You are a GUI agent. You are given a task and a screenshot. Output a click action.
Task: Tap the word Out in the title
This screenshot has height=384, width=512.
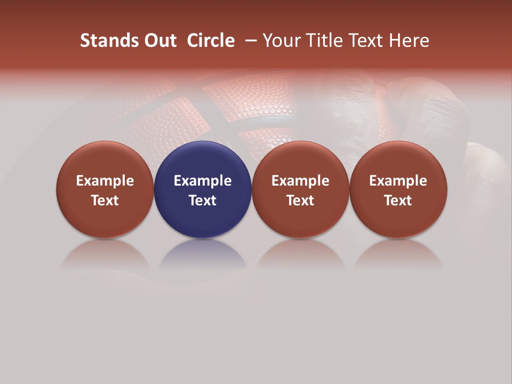(159, 41)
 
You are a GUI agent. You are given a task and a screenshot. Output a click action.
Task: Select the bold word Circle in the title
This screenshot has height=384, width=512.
(211, 41)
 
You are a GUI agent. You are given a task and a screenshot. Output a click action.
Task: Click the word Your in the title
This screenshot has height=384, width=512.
(281, 41)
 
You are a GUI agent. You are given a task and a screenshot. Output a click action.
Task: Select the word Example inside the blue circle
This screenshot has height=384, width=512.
(203, 181)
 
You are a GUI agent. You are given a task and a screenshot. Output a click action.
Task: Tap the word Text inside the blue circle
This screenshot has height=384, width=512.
(203, 201)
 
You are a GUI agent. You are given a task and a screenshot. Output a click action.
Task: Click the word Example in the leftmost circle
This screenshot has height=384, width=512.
(105, 181)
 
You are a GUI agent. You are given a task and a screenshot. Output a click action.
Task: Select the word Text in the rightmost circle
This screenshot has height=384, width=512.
(398, 201)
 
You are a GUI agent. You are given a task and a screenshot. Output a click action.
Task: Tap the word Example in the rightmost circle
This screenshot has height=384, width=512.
(398, 181)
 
